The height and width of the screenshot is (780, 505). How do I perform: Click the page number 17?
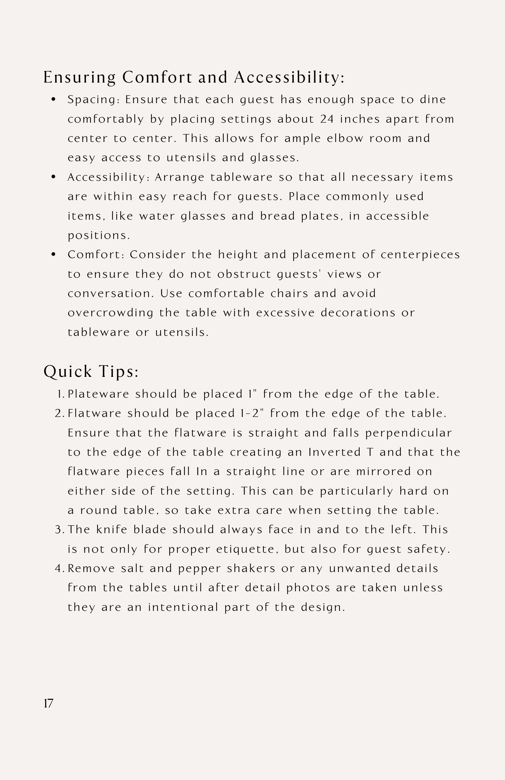tap(48, 703)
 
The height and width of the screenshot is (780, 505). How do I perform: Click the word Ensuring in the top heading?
tap(79, 78)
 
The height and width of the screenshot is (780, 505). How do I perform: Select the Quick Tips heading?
tap(91, 372)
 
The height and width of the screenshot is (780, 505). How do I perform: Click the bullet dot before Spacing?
tap(54, 99)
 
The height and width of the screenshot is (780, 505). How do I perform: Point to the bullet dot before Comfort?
tap(54, 254)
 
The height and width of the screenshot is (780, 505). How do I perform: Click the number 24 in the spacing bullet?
tap(327, 119)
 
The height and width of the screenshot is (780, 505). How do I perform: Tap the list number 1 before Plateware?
tap(60, 394)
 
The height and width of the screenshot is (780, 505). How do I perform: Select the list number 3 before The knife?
tap(59, 530)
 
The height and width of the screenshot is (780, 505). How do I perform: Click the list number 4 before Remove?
tap(59, 569)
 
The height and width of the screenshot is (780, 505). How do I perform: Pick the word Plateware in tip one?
tap(98, 394)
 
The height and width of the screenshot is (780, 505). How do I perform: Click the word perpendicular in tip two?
tap(409, 433)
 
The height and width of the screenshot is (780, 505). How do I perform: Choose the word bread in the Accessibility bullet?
tap(277, 216)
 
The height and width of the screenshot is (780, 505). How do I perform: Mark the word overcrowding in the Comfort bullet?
tap(110, 313)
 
